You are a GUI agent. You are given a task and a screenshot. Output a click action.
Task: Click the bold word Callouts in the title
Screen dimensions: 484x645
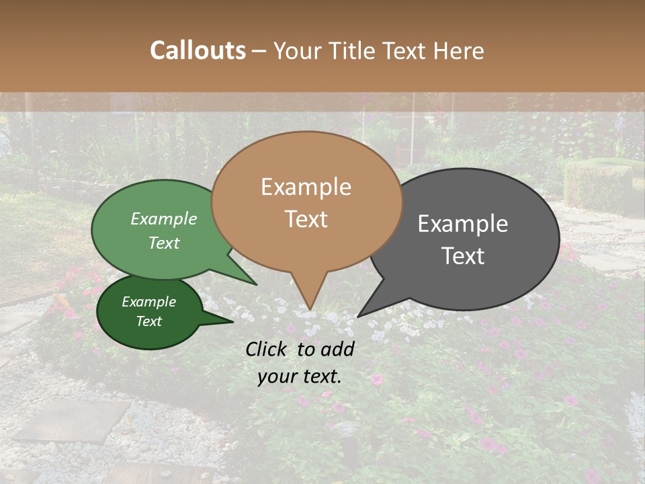coord(198,50)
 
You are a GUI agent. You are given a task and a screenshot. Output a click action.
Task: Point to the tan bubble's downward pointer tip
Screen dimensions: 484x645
coord(310,309)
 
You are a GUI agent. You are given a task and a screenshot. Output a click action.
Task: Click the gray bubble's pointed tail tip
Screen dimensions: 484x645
coord(359,316)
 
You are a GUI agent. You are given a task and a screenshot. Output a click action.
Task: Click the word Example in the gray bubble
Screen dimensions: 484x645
coord(463,224)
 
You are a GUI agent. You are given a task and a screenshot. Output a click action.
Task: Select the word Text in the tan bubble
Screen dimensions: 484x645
coord(306,219)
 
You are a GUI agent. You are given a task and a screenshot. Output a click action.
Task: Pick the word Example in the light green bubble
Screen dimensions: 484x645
coord(164,219)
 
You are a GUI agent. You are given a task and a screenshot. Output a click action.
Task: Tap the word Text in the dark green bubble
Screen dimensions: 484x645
coord(149,321)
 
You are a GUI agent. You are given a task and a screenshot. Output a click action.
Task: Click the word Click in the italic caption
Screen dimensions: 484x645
coord(267,349)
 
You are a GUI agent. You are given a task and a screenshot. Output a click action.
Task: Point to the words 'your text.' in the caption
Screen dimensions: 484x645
coord(300,376)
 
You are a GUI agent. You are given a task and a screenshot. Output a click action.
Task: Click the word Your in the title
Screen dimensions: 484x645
coord(298,51)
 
